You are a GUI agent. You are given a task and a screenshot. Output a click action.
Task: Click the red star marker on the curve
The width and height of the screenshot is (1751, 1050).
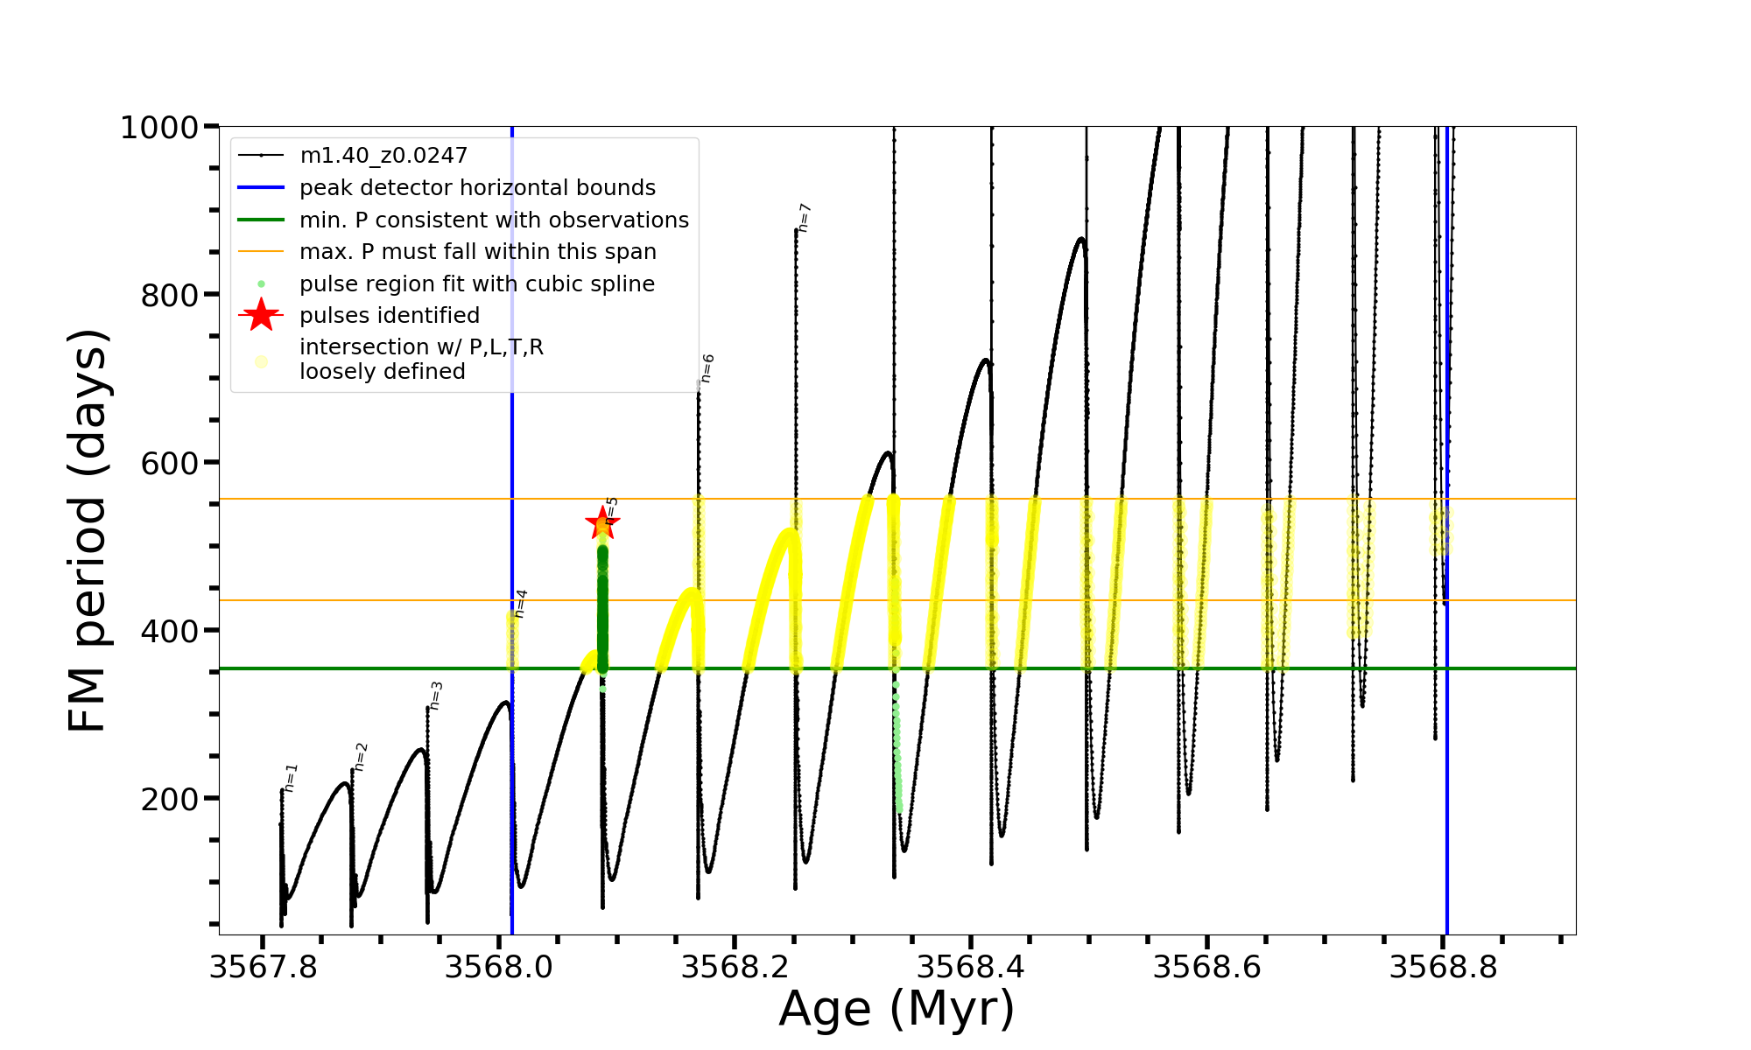pos(602,523)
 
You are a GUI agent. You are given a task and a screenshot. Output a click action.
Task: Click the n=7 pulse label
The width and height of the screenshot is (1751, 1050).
pos(805,217)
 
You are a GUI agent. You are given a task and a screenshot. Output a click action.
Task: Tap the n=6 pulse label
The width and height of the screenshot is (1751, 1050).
pos(707,367)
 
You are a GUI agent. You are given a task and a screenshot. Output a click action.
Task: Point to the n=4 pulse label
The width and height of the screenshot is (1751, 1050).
pos(520,603)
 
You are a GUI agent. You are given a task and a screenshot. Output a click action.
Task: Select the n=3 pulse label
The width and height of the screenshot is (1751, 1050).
pos(435,695)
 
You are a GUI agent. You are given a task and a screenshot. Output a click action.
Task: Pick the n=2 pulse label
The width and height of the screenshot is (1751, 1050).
pos(361,757)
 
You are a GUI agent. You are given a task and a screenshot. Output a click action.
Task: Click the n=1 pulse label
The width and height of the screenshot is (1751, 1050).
pos(291,777)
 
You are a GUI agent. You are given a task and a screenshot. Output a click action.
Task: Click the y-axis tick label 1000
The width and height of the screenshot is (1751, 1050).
pos(159,128)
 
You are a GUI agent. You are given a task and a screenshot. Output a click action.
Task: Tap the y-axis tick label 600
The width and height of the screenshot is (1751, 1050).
pos(170,463)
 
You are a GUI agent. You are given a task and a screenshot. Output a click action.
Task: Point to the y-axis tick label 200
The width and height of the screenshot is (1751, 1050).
pos(170,799)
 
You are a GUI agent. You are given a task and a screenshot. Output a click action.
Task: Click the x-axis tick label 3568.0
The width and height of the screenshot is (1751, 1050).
pos(498,968)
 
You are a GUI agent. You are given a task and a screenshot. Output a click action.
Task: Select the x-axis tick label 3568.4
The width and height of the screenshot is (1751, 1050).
pos(971,968)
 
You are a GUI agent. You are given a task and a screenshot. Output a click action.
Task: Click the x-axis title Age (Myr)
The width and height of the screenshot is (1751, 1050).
pos(897,1009)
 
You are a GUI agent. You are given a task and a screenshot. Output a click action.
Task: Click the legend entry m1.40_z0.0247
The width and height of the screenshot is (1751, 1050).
pos(383,156)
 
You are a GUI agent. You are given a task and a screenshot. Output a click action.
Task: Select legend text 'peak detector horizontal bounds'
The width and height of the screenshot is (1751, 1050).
pos(477,188)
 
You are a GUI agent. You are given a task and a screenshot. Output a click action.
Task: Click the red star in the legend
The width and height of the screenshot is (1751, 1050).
pos(261,315)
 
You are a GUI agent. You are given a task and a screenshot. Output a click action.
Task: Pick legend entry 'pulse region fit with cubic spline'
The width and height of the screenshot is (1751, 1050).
pos(477,284)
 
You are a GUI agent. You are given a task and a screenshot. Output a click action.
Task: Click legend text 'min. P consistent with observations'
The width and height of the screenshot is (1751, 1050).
pos(494,220)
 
